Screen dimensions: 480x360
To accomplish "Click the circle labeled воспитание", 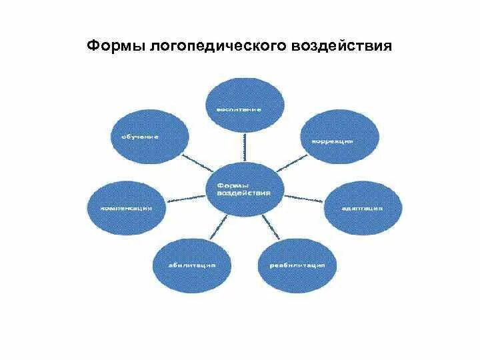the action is click(x=244, y=103).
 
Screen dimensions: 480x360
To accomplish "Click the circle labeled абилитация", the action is click(x=191, y=263).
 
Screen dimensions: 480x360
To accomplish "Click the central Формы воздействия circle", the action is click(x=244, y=188).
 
